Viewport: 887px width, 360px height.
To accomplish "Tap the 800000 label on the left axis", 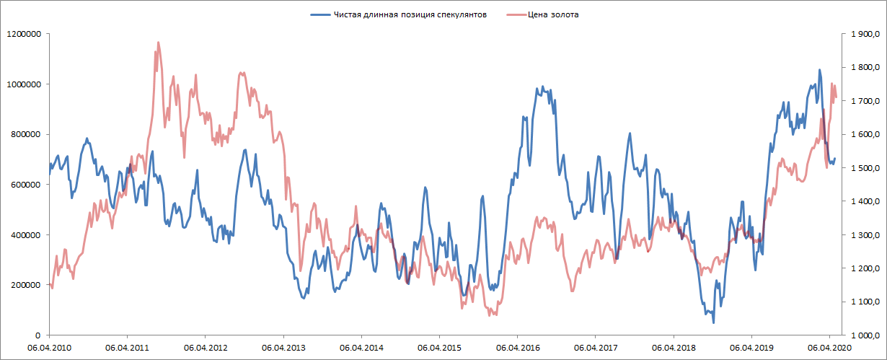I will pos(22,134).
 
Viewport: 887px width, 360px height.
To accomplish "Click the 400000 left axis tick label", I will pos(22,235).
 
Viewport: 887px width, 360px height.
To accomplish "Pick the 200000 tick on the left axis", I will pos(22,286).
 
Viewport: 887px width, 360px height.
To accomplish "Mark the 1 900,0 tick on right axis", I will pos(864,34).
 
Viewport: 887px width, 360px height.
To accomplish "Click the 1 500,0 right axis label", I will pos(864,168).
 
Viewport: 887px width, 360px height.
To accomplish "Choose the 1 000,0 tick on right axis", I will pos(864,336).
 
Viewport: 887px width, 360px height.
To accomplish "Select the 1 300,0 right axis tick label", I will pos(864,235).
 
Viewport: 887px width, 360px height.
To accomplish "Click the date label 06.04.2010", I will pos(49,347).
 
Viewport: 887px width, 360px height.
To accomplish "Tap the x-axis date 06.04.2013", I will pos(283,347).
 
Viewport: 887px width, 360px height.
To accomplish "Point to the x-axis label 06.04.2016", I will pos(517,347).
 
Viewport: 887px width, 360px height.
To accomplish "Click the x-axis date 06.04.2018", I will pos(674,347).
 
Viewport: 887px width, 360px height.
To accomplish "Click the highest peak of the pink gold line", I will pos(158,43).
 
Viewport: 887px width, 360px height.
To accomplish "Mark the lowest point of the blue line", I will pos(712,322).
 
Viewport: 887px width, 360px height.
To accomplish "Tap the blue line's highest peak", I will pos(819,70).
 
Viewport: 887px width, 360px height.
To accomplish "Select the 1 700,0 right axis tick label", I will pos(864,101).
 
